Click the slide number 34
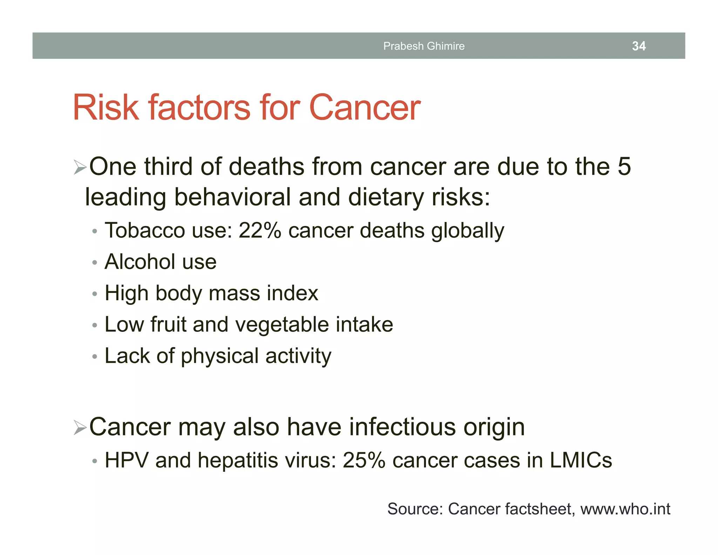639,46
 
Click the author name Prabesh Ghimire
424,46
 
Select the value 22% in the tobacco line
260,231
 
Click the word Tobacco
144,231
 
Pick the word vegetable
282,325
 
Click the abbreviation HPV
126,460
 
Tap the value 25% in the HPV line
364,460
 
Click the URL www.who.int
625,509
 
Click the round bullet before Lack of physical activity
94,357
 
